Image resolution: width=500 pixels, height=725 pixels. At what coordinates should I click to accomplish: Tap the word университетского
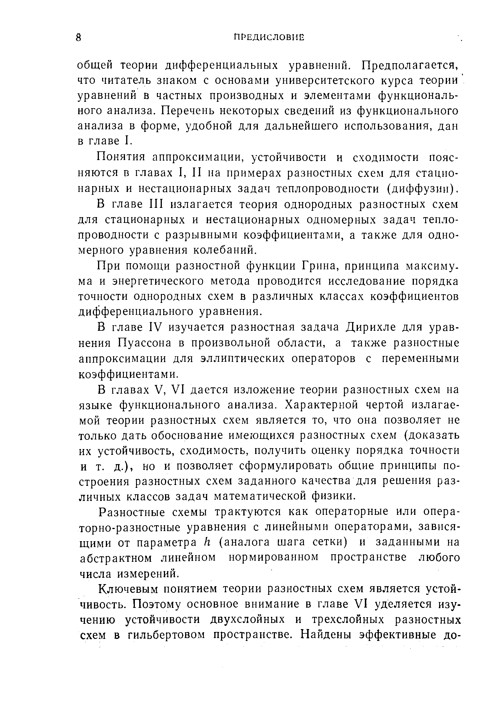[327, 81]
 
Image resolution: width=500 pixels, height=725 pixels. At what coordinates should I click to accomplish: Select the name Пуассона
[145, 343]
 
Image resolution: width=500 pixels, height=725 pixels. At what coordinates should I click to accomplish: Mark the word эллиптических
[242, 358]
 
